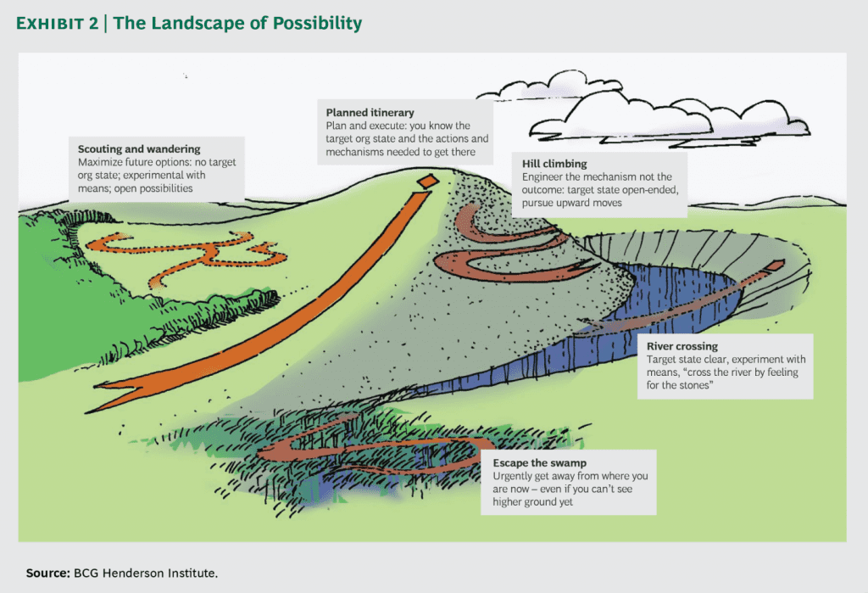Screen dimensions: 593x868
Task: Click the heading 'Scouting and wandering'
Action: (139, 149)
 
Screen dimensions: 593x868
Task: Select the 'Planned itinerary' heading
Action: (369, 112)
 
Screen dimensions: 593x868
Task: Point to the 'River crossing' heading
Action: (682, 347)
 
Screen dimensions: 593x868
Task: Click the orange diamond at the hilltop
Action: (429, 181)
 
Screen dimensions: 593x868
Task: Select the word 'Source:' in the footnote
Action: (47, 573)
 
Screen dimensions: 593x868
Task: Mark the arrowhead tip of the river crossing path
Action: (775, 266)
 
